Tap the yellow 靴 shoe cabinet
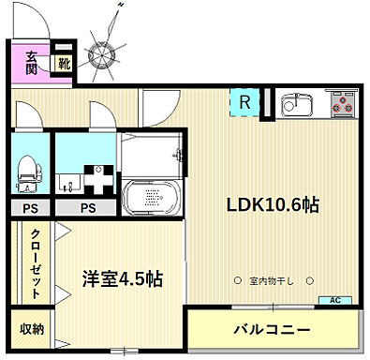(x=63, y=64)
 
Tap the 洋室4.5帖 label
(x=122, y=278)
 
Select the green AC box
(x=334, y=300)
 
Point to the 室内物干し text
(x=272, y=280)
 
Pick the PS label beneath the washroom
(x=86, y=208)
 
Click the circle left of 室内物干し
(x=237, y=280)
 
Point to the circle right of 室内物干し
(x=308, y=280)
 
